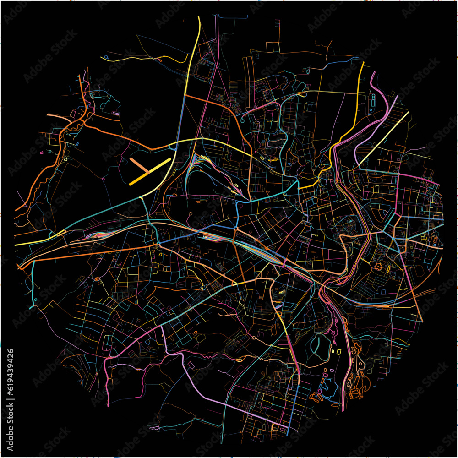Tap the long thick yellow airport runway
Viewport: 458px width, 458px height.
pos(150,172)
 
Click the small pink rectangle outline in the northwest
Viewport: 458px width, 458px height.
pos(115,113)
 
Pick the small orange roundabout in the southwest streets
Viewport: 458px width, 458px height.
pos(97,278)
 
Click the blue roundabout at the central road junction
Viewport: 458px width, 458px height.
pos(235,228)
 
